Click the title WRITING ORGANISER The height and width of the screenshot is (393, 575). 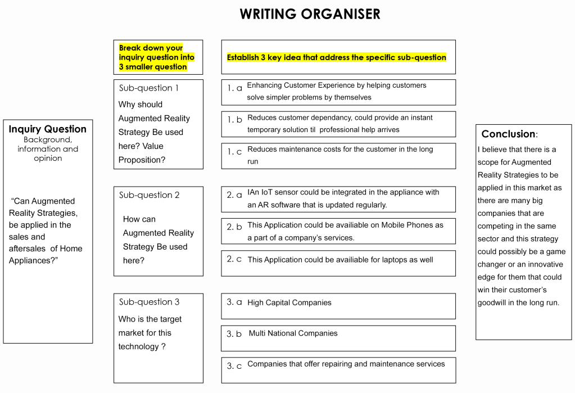(x=310, y=14)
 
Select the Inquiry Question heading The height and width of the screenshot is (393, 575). (x=48, y=129)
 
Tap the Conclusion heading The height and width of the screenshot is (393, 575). (x=509, y=134)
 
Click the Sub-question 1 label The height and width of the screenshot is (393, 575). (x=149, y=88)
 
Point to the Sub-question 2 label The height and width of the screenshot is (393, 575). (x=149, y=195)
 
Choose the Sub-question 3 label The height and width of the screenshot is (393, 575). (x=149, y=302)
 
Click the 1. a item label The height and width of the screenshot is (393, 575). (x=235, y=88)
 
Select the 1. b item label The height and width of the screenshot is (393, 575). (x=235, y=120)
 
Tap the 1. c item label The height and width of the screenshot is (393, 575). (x=235, y=152)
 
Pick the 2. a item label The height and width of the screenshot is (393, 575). (x=234, y=195)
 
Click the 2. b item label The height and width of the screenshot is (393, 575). (x=234, y=227)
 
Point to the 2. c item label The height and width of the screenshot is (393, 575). (x=234, y=259)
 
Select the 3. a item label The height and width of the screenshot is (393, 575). (x=234, y=302)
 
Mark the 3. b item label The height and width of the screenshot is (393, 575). (x=234, y=334)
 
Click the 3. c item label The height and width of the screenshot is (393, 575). (x=234, y=366)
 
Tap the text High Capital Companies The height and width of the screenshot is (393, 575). (x=289, y=302)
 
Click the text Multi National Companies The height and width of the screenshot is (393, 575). (x=293, y=333)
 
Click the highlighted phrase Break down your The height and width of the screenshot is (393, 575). (x=151, y=48)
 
